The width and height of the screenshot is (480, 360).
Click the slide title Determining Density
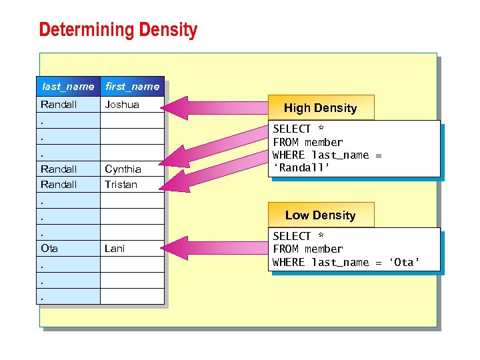118,30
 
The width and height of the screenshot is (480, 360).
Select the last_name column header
68,87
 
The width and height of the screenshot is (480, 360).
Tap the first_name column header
132,87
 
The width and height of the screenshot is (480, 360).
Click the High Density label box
320,108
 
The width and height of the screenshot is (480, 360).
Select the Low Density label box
320,215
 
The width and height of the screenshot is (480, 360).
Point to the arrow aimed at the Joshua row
220,107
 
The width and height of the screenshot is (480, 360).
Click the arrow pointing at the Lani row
220,249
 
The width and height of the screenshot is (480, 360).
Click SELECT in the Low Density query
292,236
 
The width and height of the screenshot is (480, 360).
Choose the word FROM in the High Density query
286,142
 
